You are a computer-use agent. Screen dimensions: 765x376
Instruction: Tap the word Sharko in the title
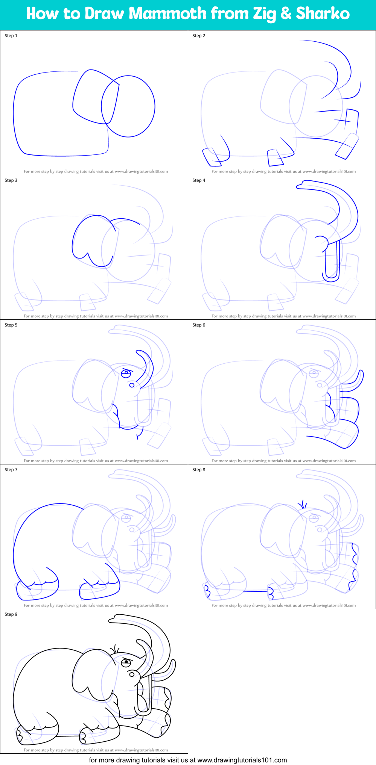click(x=323, y=14)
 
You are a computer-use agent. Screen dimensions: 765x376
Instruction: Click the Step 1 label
click(x=11, y=36)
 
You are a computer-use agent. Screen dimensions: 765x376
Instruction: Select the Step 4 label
click(x=199, y=180)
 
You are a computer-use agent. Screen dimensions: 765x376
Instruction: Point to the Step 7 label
click(x=11, y=470)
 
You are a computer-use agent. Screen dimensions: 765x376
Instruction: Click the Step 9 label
click(x=11, y=614)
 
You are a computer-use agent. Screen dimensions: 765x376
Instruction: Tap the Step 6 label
click(x=199, y=325)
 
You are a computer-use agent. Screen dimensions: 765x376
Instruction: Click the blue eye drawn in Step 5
click(x=126, y=373)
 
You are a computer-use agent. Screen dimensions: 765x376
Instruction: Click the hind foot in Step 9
click(x=38, y=735)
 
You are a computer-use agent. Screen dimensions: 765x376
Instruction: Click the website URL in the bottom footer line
click(x=242, y=760)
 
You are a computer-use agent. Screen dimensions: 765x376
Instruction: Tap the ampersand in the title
click(x=286, y=14)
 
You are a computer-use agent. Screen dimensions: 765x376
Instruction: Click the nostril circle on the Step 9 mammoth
click(x=132, y=674)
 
